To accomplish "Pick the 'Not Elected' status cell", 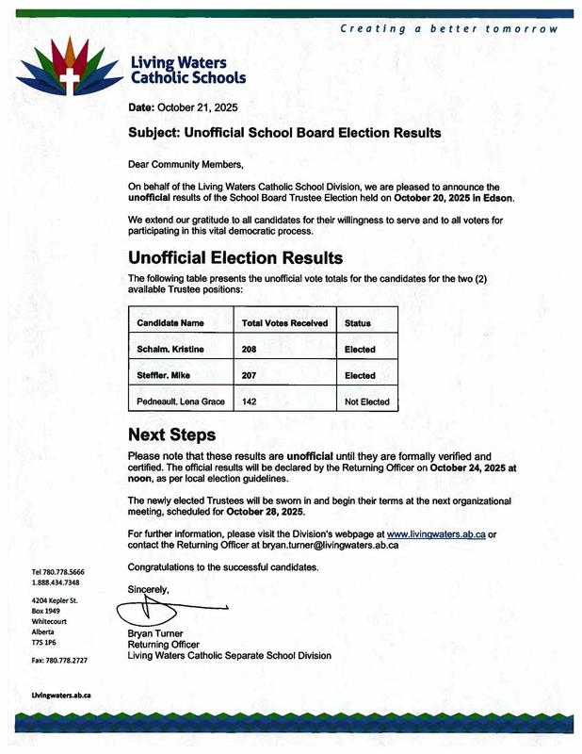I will click(366, 402).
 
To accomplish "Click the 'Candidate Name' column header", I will click(170, 323).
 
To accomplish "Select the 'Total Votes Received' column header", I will click(284, 323).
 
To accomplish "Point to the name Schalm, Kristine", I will click(170, 350).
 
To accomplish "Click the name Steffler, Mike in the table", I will click(164, 376).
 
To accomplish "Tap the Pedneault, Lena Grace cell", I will click(182, 402).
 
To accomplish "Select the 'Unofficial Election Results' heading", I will click(234, 257).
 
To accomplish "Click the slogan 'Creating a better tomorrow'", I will click(449, 29).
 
